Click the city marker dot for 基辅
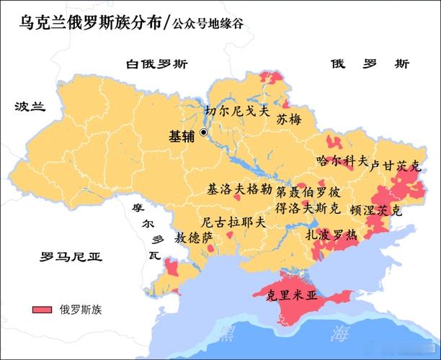[x=204, y=132]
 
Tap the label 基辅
[x=181, y=135]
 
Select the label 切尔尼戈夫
[x=236, y=112]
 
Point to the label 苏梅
[x=289, y=120]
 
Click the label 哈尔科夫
[x=342, y=160]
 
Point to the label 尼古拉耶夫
[x=233, y=222]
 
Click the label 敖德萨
[x=195, y=237]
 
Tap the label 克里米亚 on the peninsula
[x=291, y=294]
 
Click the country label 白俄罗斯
[x=156, y=63]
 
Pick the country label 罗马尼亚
[x=71, y=256]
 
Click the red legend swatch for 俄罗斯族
[x=43, y=310]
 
